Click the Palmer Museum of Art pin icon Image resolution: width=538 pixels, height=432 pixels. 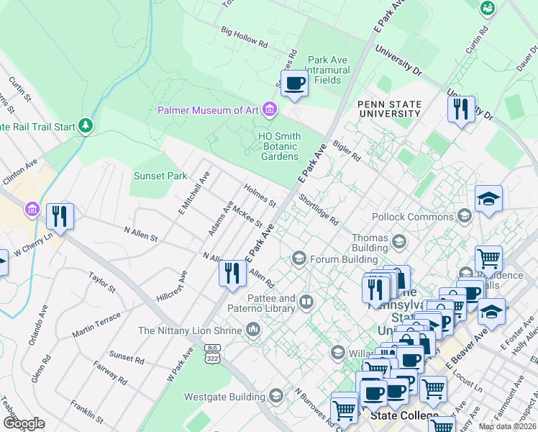point(270,110)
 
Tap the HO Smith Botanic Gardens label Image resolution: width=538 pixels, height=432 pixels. point(278,146)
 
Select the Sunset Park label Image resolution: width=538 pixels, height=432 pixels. point(160,176)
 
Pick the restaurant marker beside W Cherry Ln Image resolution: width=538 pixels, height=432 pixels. point(58,216)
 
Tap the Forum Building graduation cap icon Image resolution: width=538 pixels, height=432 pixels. point(299,258)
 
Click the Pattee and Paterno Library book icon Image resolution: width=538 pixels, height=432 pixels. point(307,302)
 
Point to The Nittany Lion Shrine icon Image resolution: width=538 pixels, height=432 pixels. point(253,330)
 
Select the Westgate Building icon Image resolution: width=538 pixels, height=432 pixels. point(276,395)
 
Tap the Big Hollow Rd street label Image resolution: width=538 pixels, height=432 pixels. point(245,37)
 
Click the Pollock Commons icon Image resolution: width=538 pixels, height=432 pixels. point(465,216)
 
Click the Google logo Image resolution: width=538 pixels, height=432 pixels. point(24,423)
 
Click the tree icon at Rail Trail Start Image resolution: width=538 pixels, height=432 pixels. point(86,127)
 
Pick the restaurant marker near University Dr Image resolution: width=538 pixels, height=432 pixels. point(461,109)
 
